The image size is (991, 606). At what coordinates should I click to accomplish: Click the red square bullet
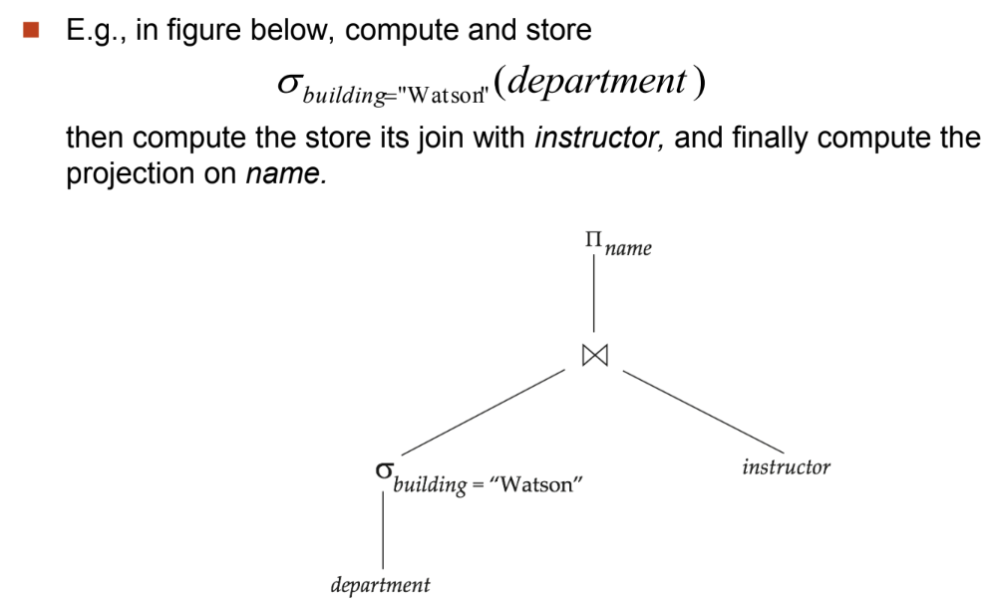click(x=31, y=30)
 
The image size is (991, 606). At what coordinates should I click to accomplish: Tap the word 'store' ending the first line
click(x=558, y=30)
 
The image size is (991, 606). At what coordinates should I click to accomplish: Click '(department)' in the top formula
click(x=600, y=81)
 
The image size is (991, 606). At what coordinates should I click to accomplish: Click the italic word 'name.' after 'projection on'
click(x=286, y=173)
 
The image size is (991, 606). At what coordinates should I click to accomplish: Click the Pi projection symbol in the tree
click(x=593, y=239)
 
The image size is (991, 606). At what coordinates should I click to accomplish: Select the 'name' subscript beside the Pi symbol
click(x=627, y=248)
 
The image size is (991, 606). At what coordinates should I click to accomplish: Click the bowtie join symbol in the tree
click(x=595, y=355)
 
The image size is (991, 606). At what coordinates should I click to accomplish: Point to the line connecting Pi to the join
click(x=593, y=292)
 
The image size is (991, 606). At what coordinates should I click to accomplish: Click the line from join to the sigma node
click(x=483, y=412)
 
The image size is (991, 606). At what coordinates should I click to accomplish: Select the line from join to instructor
click(x=704, y=412)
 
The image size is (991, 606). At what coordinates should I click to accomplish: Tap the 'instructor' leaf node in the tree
click(x=786, y=467)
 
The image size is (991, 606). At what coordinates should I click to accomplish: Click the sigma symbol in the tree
click(x=384, y=470)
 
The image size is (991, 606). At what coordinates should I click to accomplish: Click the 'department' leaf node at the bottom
click(x=381, y=585)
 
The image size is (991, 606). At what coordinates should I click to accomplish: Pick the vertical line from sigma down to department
click(x=383, y=529)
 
